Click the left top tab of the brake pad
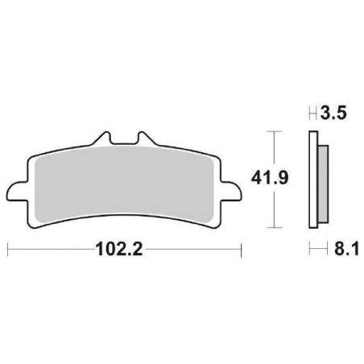tap(103, 141)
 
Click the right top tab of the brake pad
tap(145, 141)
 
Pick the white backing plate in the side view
tap(312, 181)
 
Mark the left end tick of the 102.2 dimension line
tap(8, 250)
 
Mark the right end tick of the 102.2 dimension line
tap(241, 250)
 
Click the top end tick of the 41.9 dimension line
tap(275, 130)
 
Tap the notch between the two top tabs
tap(124, 147)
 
